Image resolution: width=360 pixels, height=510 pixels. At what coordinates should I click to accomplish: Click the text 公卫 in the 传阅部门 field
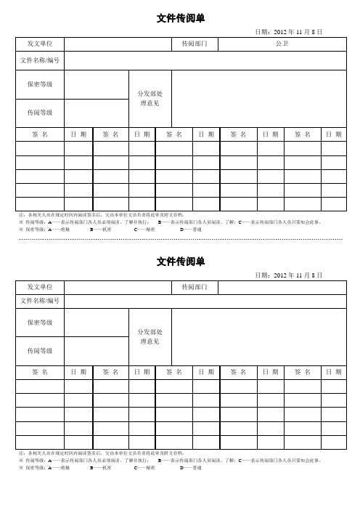tap(282, 45)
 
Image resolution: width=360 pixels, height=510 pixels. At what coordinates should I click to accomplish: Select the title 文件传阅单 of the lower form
tap(180, 261)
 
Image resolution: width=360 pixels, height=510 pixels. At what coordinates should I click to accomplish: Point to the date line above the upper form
tap(288, 32)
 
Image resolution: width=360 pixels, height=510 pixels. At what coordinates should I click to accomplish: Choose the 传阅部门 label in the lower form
tap(195, 288)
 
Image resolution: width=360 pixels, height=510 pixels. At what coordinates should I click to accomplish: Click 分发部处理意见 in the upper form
tap(150, 99)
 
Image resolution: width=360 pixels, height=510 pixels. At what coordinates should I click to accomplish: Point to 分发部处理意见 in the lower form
tap(150, 336)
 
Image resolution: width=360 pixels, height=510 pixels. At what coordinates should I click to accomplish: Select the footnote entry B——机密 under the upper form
tap(100, 228)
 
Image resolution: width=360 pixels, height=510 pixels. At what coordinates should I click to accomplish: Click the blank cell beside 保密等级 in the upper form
tap(95, 85)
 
